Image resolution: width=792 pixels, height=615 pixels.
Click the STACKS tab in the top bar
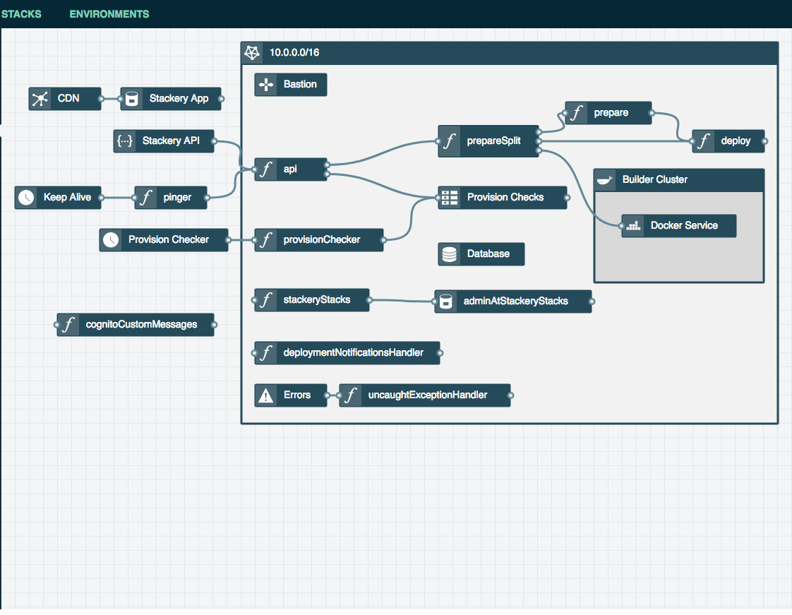pyautogui.click(x=21, y=14)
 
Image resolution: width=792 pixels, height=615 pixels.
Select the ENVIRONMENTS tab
pyautogui.click(x=109, y=14)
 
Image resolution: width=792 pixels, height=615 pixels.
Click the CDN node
pyautogui.click(x=65, y=99)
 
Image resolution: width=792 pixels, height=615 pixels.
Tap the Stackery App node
pyautogui.click(x=171, y=99)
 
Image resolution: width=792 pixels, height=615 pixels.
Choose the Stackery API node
pyautogui.click(x=164, y=141)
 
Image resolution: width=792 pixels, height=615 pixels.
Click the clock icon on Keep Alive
pyautogui.click(x=26, y=198)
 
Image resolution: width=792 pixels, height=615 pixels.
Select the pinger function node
pyautogui.click(x=171, y=198)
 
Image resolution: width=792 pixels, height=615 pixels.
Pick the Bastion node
pyautogui.click(x=290, y=85)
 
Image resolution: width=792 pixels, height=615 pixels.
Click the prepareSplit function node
pyautogui.click(x=488, y=141)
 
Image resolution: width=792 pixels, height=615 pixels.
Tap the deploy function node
pyautogui.click(x=728, y=141)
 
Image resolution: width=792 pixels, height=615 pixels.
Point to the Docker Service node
pyautogui.click(x=679, y=226)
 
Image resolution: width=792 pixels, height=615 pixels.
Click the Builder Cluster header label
pyautogui.click(x=654, y=180)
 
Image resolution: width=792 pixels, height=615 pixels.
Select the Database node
pyautogui.click(x=481, y=254)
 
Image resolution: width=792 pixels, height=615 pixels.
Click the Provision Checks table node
pyautogui.click(x=503, y=198)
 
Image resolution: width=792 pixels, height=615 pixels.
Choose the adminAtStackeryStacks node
pyautogui.click(x=513, y=301)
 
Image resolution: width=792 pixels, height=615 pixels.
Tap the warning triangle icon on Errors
pyautogui.click(x=265, y=395)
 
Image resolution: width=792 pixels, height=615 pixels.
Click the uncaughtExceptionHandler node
pyautogui.click(x=425, y=395)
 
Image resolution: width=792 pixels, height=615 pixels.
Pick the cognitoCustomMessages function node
pyautogui.click(x=136, y=325)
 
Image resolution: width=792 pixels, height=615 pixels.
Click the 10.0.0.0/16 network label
pyautogui.click(x=294, y=52)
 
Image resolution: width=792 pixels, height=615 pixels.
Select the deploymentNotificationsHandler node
pyautogui.click(x=347, y=353)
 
